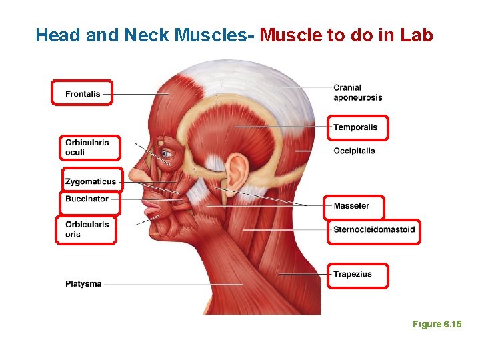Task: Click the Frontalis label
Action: tap(83, 94)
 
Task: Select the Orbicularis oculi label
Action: tap(87, 147)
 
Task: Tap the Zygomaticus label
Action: tap(91, 181)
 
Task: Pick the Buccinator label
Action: tap(87, 199)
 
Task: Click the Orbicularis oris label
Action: tap(87, 229)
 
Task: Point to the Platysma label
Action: tap(83, 284)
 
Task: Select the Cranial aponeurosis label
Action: tap(357, 92)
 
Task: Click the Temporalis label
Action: tap(355, 127)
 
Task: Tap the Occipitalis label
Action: tap(354, 151)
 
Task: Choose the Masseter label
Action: tap(351, 206)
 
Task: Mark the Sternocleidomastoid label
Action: tap(374, 230)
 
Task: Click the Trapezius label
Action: tap(353, 274)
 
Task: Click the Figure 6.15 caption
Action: tap(437, 324)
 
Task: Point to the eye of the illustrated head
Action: tap(167, 154)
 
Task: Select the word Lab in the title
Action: tap(417, 35)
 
